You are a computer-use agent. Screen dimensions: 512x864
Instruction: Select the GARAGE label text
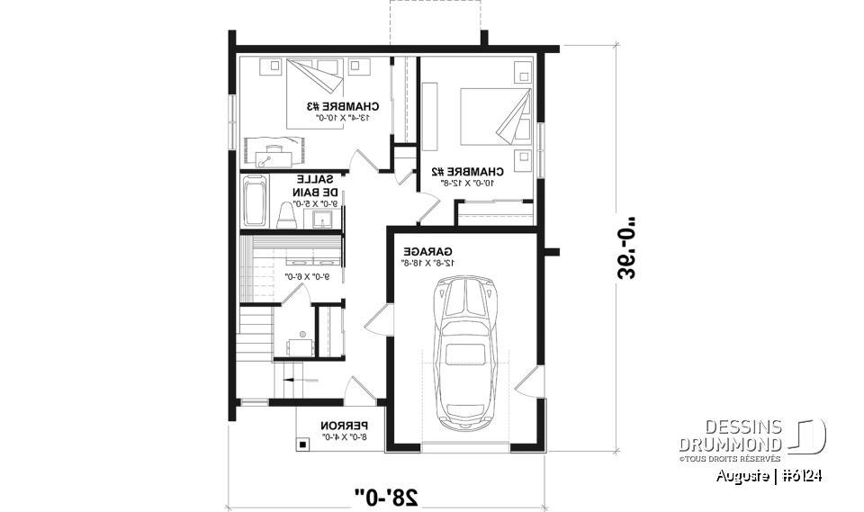(427, 251)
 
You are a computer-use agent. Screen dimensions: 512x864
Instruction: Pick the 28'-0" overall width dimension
(387, 493)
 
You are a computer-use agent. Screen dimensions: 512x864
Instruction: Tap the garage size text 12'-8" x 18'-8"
(427, 263)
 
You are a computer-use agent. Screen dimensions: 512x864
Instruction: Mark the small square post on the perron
(304, 442)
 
